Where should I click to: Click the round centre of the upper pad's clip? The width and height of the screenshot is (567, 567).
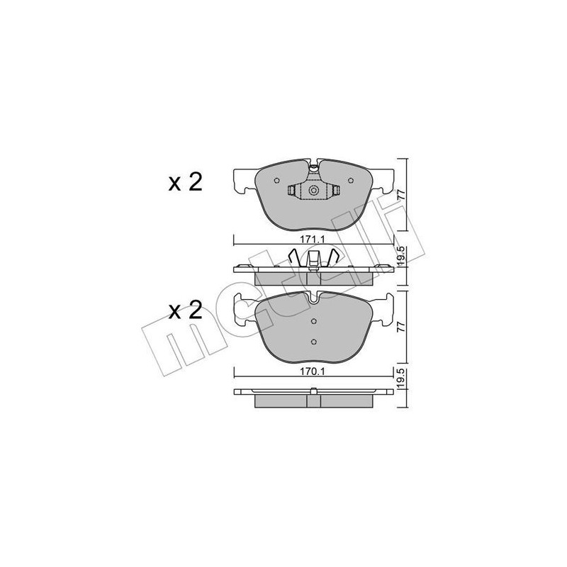[x=314, y=190]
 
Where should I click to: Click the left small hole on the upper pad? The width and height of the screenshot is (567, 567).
[x=276, y=180]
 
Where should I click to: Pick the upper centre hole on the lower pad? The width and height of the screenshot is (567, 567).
[x=314, y=322]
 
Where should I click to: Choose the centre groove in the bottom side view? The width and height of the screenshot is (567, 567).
[x=314, y=400]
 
